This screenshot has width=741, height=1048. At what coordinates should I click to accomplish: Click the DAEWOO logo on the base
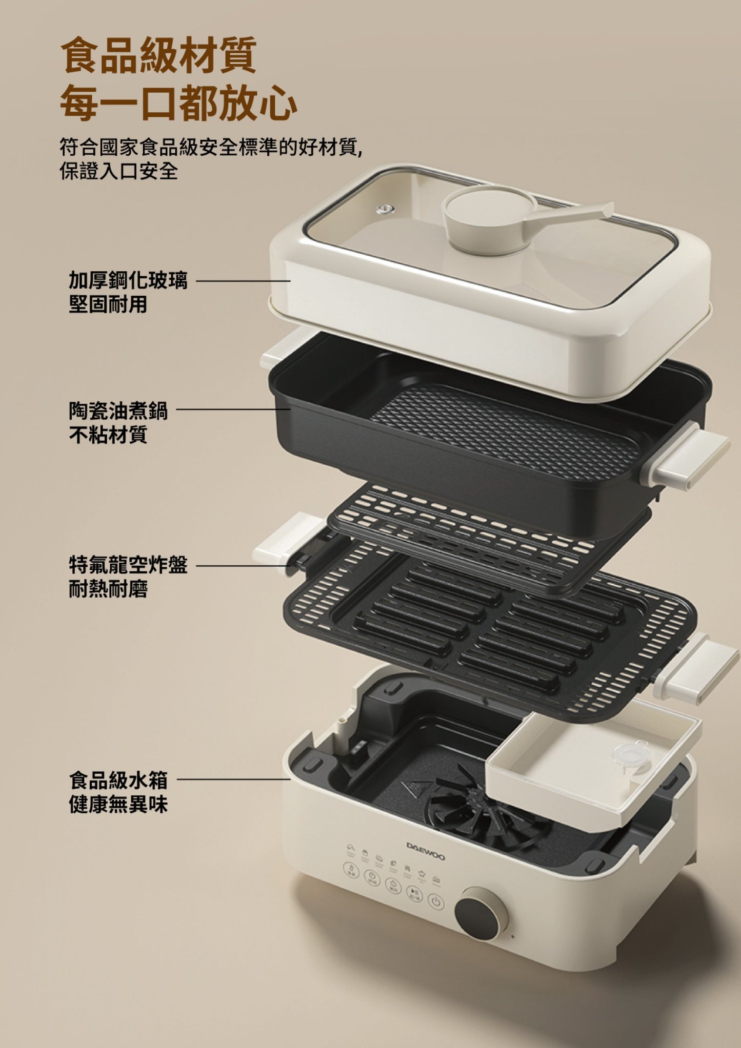(425, 851)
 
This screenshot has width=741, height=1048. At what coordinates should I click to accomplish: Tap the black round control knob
(480, 915)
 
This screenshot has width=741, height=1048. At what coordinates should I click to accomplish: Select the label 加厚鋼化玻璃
(128, 281)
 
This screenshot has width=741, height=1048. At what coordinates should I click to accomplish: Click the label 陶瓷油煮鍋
(118, 410)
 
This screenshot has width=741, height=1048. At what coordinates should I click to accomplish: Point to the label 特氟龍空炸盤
(128, 565)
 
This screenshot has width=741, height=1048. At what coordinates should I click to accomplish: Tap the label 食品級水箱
(118, 780)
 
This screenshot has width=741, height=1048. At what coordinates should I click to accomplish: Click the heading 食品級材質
(158, 55)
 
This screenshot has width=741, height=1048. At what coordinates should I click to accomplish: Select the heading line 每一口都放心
(178, 102)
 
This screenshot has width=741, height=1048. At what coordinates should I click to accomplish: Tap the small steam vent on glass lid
(384, 209)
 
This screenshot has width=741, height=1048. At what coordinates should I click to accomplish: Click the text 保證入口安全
(118, 171)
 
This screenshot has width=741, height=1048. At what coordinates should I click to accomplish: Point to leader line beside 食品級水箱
(233, 779)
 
